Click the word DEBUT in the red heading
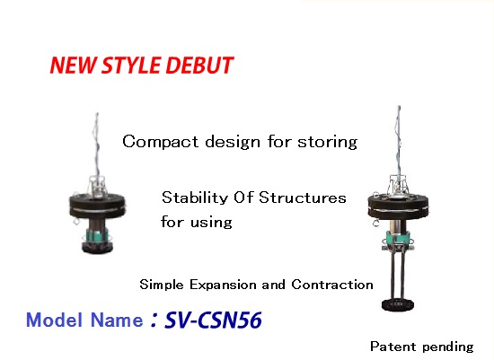[x=199, y=66]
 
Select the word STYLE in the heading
[x=132, y=66]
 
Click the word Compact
[x=161, y=142]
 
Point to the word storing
[x=328, y=143]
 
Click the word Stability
[x=194, y=198]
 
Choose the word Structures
[x=303, y=198]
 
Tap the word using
[x=212, y=223]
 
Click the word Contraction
[x=332, y=285]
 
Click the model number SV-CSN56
[x=213, y=320]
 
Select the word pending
[x=448, y=347]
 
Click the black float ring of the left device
[x=97, y=206]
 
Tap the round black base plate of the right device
[x=398, y=305]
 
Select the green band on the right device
[x=397, y=237]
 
